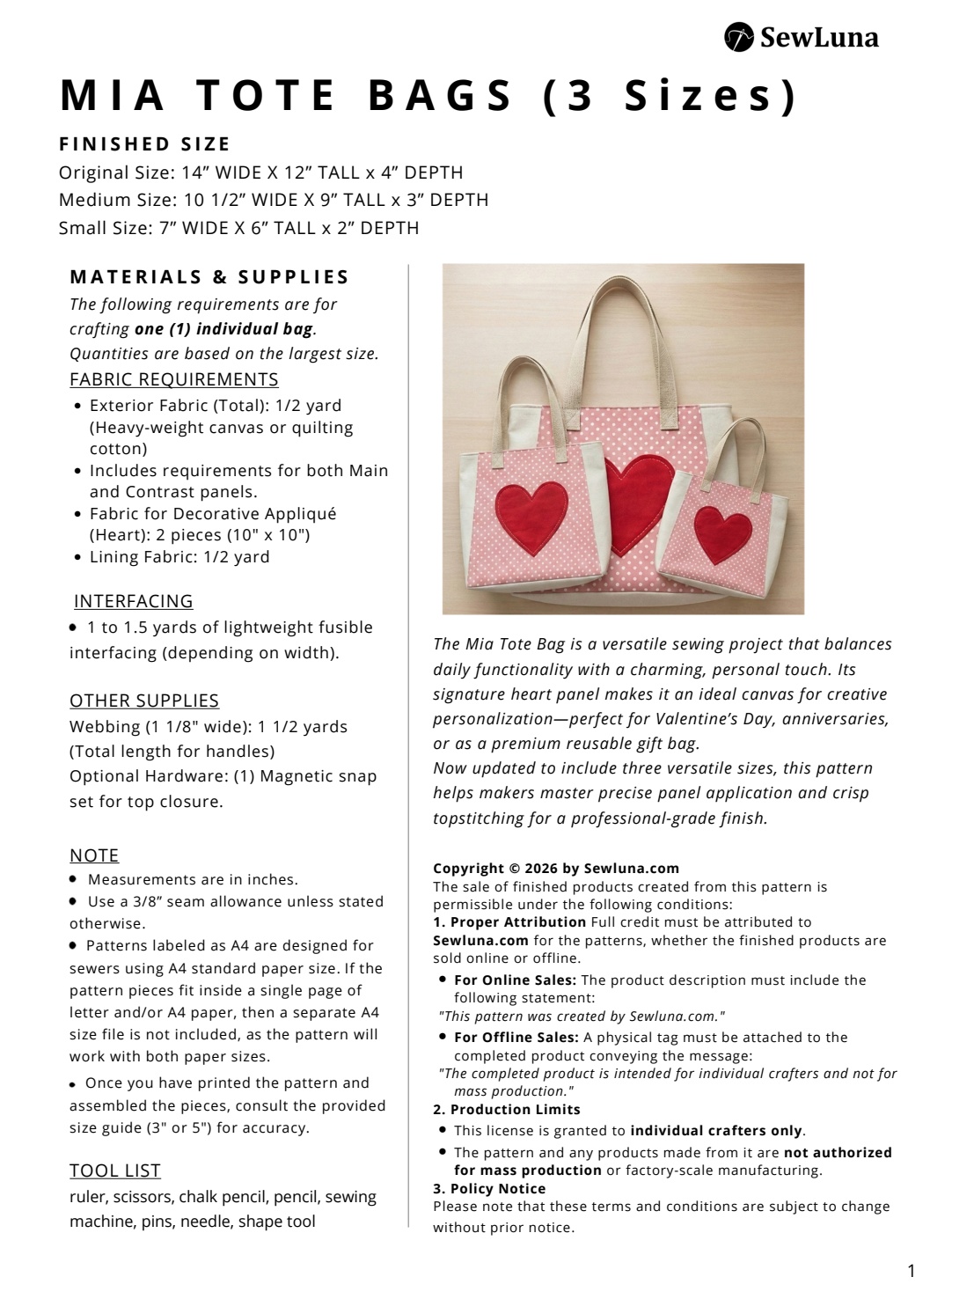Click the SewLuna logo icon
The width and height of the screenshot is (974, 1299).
click(x=739, y=38)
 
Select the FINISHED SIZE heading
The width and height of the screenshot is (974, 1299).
click(x=144, y=144)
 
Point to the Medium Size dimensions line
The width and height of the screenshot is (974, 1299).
click(x=273, y=200)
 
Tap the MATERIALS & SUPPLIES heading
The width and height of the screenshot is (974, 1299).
click(x=209, y=277)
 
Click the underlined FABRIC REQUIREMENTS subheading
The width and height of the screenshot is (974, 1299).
click(x=173, y=379)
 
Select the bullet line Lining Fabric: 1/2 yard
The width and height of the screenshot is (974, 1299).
click(x=179, y=557)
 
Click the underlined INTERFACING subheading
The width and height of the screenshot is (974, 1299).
click(x=133, y=601)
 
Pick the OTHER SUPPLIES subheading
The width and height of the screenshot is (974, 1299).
click(x=143, y=701)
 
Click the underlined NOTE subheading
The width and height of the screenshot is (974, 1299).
click(x=94, y=855)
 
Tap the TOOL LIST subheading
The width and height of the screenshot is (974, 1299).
click(x=114, y=1171)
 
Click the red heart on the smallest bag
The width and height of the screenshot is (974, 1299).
click(x=722, y=533)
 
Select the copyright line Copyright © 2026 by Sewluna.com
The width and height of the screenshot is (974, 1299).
click(x=556, y=868)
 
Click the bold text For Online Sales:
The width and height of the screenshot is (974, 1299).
click(x=515, y=980)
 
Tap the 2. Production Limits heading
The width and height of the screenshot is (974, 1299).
click(x=506, y=1109)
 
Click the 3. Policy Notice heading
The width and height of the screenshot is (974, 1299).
click(x=489, y=1188)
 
